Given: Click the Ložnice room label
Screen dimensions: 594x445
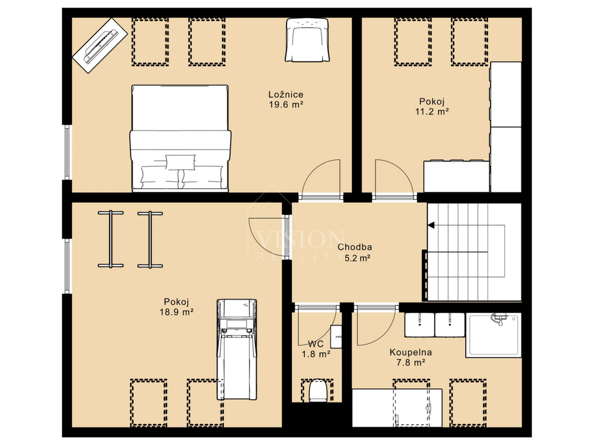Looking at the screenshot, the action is click(285, 94).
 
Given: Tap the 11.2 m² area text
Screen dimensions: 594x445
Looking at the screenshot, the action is click(432, 112).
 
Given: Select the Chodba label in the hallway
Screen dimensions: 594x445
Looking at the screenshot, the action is click(354, 247).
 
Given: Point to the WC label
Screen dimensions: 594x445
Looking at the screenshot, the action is click(316, 344).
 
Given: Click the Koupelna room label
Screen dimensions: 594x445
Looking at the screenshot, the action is click(411, 352).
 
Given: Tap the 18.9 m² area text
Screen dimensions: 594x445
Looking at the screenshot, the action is click(176, 312).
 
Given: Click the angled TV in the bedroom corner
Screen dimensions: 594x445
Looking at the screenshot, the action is click(99, 45).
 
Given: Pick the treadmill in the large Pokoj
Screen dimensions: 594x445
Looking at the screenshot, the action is click(237, 349).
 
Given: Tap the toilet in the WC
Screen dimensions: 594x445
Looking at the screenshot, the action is click(317, 391).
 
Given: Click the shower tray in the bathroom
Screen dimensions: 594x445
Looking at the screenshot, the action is click(493, 335).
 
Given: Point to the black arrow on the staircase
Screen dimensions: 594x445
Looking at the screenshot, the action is click(431, 225).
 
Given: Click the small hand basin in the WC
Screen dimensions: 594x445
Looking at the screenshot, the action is click(336, 337).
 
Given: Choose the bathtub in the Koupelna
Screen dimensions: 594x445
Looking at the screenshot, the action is click(397, 407).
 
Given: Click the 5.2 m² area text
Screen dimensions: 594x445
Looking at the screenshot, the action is click(357, 258).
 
